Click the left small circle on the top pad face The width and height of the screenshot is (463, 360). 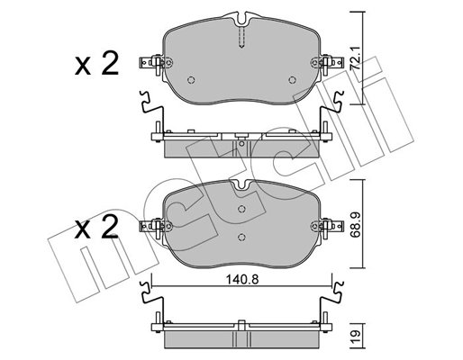coord(190,78)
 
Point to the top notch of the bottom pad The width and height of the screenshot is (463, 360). coord(240,186)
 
